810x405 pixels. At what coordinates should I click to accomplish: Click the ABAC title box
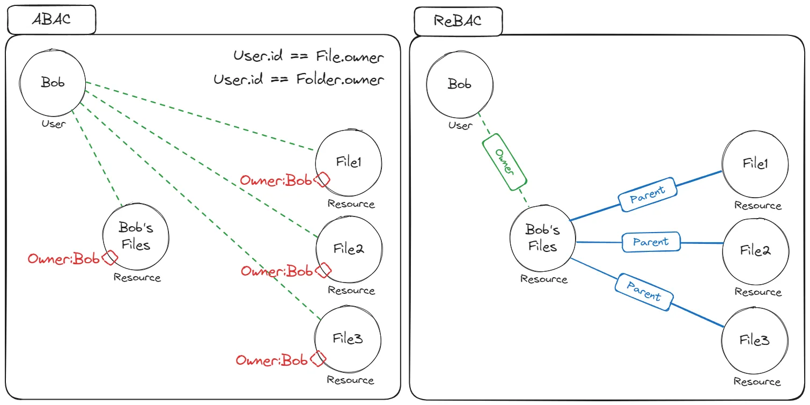tap(51, 19)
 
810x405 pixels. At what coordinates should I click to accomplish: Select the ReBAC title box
tap(458, 21)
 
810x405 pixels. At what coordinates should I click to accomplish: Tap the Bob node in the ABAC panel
tap(52, 83)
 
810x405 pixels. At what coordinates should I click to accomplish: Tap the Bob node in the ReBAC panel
tap(459, 85)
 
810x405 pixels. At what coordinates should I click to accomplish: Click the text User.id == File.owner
tap(308, 56)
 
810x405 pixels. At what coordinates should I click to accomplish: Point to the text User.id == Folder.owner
tap(298, 80)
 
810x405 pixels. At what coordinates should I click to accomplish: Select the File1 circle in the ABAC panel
tap(349, 162)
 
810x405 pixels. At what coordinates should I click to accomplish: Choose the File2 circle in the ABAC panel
tap(349, 249)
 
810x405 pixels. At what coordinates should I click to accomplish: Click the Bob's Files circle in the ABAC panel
tap(136, 237)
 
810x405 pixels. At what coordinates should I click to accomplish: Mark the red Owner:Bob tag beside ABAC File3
tap(272, 360)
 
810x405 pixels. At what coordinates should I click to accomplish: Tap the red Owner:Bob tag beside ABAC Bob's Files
tap(64, 259)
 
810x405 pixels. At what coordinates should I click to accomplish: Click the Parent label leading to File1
tap(647, 194)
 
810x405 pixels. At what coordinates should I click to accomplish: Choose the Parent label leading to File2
tap(651, 242)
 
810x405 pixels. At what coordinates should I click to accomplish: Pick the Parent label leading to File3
tap(643, 291)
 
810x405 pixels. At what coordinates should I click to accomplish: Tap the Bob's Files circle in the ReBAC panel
tap(543, 238)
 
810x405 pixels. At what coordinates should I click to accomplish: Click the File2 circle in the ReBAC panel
tap(755, 250)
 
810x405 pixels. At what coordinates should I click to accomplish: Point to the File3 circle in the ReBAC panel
tap(755, 340)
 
